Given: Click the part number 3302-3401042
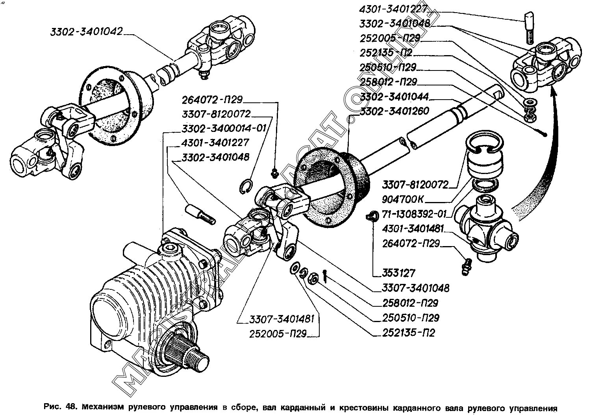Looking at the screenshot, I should click(x=87, y=31).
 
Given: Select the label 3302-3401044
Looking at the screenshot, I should click(x=394, y=96).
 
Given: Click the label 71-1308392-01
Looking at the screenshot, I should click(x=415, y=215).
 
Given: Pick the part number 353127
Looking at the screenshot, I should click(x=399, y=273).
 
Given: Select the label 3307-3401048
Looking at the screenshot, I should click(x=415, y=288).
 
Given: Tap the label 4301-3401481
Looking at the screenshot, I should click(x=413, y=229).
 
